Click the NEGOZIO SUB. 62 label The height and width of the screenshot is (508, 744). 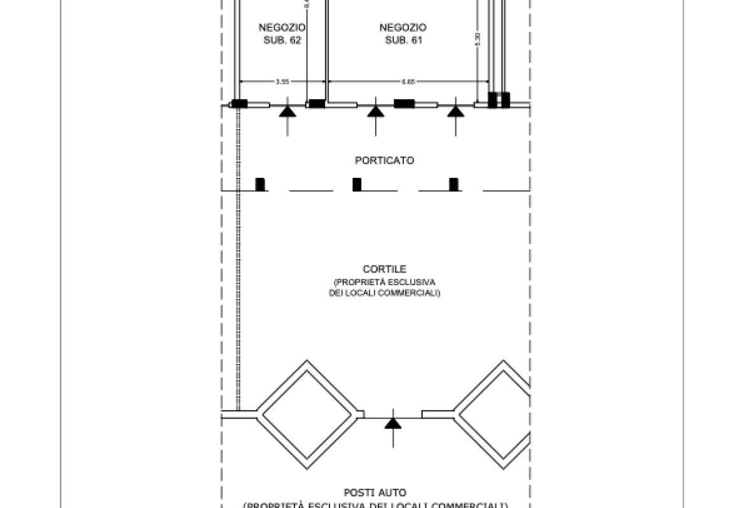coord(282,34)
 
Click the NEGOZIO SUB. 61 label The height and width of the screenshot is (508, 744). coord(403,34)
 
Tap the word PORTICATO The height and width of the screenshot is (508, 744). coord(384,161)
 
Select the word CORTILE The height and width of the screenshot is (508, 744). coord(384,269)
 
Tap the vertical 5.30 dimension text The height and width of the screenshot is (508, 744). coord(478,39)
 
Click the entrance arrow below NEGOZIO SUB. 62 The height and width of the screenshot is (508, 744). coord(287,112)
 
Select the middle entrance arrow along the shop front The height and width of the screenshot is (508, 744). coord(376,112)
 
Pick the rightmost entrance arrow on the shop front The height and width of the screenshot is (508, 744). coord(455,112)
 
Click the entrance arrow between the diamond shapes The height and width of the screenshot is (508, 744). coord(393,421)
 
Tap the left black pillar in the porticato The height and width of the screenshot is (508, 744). coord(259,184)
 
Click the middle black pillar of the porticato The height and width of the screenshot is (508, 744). coord(357,184)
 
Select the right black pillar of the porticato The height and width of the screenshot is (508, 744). coord(453,184)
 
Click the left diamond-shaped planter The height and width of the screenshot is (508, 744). coord(308,415)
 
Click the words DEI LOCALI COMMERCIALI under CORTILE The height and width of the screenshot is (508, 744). coord(384,293)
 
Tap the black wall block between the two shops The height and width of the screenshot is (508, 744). coord(316,104)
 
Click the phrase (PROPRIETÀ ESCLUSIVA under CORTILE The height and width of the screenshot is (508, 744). coord(384,282)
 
